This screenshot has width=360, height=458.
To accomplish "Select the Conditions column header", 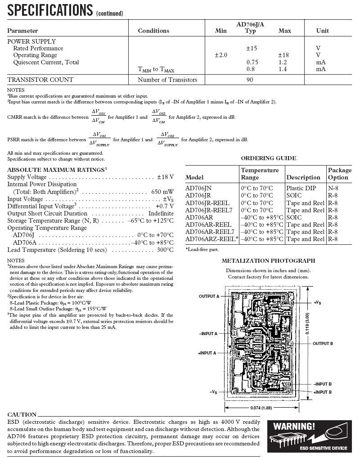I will point(153,31).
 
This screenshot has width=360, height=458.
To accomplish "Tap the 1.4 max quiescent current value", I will point(283,69).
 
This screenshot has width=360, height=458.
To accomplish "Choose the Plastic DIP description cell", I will point(301,188).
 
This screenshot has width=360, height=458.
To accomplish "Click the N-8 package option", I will point(333,188).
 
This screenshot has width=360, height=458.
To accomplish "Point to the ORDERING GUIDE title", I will point(268,158).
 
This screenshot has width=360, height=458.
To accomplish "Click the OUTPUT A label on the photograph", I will point(209,296).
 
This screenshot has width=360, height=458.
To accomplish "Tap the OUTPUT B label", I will point(323,343).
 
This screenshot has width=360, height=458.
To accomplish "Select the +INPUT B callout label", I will point(323,392).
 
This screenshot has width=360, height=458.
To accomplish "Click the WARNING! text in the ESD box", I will point(294,426).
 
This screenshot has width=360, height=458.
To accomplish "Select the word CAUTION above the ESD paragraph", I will point(22,414).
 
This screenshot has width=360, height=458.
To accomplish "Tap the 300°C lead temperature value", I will point(165,250).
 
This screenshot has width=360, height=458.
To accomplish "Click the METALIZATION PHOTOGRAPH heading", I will point(268,260).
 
